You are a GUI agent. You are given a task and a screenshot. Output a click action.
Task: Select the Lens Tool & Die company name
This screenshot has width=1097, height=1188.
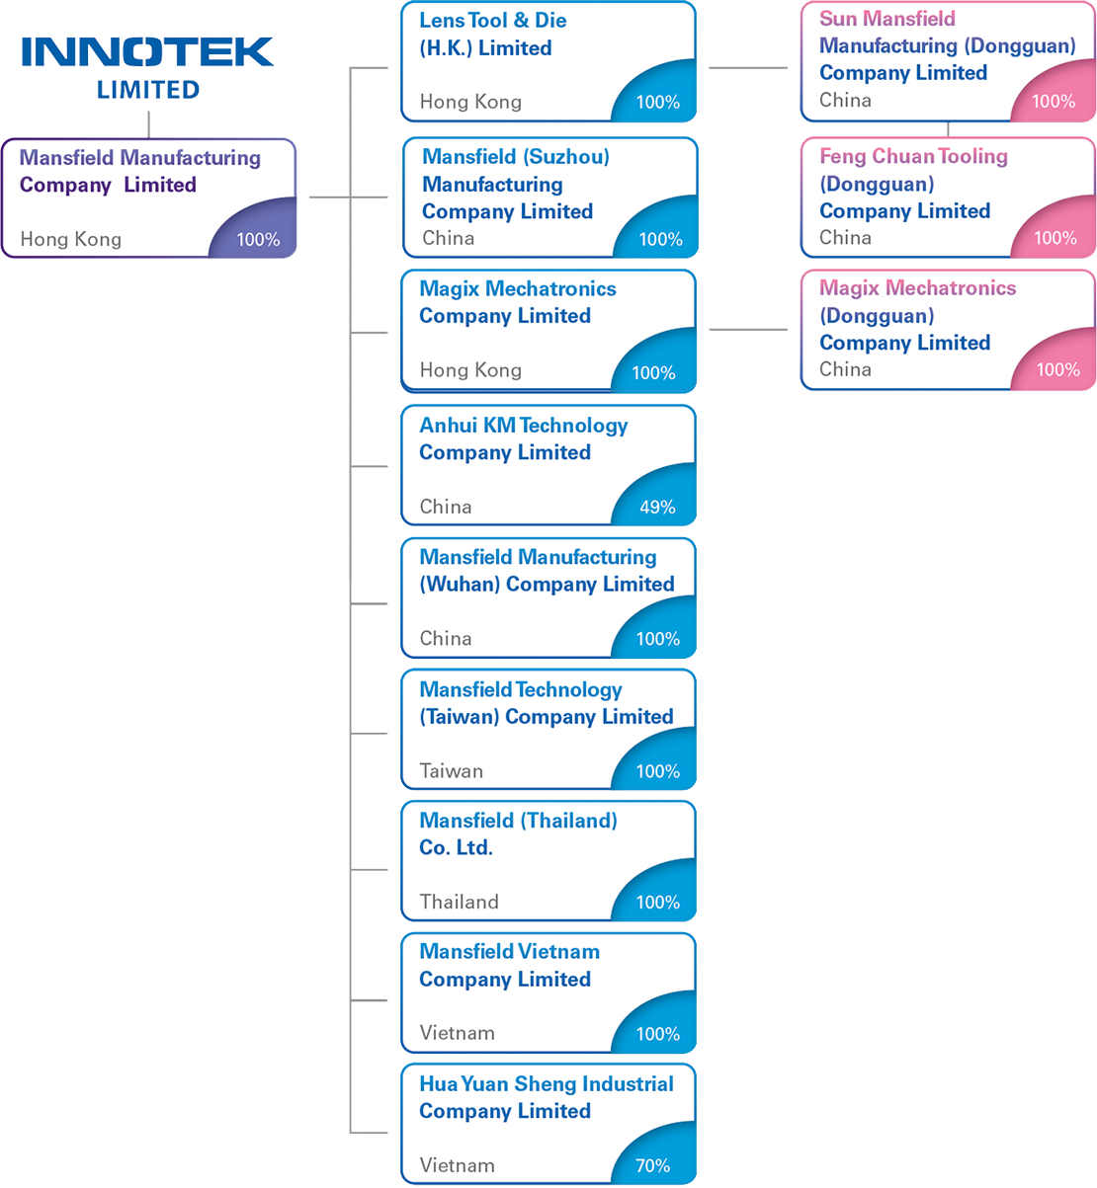(492, 35)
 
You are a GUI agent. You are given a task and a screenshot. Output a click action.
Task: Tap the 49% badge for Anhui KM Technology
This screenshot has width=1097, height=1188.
(657, 507)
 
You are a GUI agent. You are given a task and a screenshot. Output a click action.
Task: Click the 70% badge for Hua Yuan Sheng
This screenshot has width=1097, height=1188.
(652, 1165)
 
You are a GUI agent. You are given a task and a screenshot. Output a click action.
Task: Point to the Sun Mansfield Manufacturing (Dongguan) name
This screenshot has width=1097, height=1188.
(946, 45)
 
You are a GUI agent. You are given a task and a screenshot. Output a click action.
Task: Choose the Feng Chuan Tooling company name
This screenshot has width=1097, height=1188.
(912, 184)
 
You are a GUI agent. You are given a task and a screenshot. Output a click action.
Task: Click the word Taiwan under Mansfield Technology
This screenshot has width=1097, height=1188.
(451, 771)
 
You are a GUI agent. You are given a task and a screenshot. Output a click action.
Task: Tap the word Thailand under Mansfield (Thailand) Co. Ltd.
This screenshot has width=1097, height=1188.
(459, 902)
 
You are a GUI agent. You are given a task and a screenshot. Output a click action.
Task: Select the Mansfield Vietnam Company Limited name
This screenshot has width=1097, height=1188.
(508, 966)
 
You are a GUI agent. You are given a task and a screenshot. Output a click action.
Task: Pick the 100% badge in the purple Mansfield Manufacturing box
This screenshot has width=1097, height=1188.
(258, 239)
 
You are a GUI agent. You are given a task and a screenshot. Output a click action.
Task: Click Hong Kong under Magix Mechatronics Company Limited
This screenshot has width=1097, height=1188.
(469, 370)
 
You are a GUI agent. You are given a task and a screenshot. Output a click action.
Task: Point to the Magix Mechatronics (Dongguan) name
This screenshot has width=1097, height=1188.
(916, 315)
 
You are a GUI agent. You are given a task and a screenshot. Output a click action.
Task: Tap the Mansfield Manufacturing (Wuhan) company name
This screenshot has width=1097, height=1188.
(546, 571)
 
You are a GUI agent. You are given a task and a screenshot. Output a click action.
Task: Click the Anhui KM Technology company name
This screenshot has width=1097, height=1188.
(523, 438)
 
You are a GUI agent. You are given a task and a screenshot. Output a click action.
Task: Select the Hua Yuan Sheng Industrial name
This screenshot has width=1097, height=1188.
(546, 1097)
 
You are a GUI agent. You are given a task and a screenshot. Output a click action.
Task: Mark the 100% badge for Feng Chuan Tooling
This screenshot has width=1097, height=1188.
(1055, 238)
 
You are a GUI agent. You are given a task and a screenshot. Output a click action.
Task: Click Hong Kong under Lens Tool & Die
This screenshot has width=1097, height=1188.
(469, 102)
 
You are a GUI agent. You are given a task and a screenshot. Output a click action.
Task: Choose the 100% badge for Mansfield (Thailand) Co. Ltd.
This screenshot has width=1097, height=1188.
(657, 902)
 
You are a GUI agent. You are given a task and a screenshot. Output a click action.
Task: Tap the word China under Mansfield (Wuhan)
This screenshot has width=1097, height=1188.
(445, 639)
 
